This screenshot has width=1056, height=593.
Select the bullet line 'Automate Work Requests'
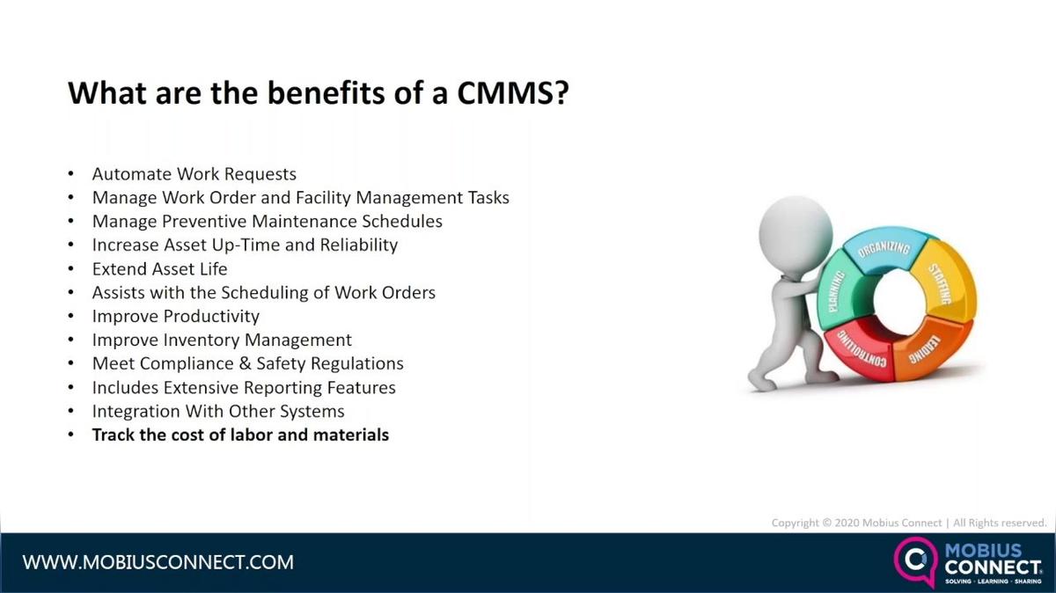click(x=194, y=174)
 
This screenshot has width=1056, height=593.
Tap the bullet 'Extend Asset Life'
click(x=159, y=268)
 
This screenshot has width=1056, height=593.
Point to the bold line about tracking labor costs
click(x=240, y=435)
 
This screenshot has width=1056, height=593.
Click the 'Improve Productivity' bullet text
click(x=175, y=316)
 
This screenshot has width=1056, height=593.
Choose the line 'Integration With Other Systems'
click(x=218, y=411)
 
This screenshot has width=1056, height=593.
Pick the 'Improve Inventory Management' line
click(x=222, y=340)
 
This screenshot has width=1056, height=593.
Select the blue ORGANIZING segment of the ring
click(x=883, y=253)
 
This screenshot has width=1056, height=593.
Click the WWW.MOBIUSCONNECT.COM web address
click(x=158, y=562)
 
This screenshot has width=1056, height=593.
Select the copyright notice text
click(x=908, y=523)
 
